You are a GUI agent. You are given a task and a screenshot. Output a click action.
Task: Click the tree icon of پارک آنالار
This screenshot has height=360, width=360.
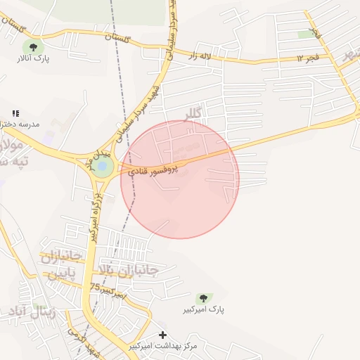click(x=32, y=47)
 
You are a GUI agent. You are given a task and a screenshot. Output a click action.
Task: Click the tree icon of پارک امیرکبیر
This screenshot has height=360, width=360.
click(x=203, y=299)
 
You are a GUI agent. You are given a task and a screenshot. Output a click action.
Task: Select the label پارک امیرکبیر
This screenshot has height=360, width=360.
click(x=203, y=309)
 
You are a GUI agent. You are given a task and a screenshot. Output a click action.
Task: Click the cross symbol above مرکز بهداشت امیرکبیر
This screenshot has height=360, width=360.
click(x=164, y=335)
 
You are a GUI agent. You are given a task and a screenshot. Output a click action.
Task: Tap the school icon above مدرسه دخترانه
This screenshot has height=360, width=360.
click(x=15, y=113)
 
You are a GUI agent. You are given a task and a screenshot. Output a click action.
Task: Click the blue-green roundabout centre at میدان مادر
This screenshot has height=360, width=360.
click(x=103, y=167)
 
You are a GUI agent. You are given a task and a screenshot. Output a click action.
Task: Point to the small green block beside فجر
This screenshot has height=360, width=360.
click(x=306, y=34)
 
